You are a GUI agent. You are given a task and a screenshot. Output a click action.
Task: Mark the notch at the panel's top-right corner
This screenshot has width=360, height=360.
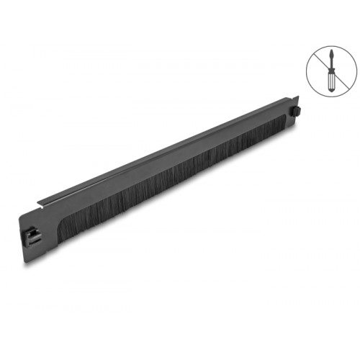click(x=294, y=100)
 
